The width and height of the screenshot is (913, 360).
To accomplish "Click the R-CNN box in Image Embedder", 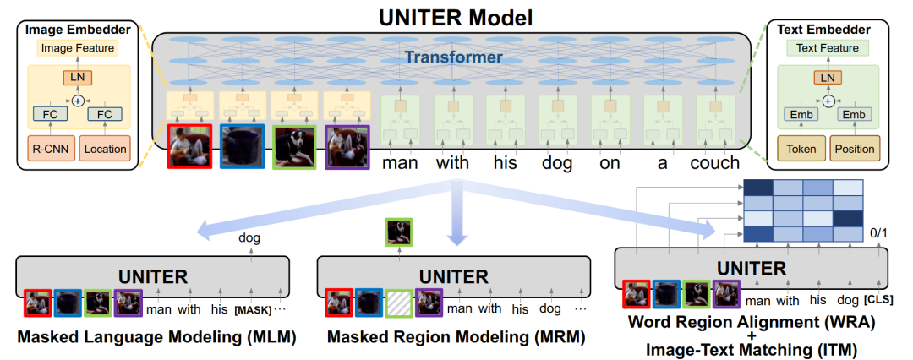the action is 51,149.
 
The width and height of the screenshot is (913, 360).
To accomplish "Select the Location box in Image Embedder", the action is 105,149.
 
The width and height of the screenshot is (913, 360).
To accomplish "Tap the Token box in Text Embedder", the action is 801,149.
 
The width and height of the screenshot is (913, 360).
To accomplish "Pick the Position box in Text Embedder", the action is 855,149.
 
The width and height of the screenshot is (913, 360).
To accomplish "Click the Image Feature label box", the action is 78,48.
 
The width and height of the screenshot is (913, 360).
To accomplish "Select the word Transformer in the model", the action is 454,57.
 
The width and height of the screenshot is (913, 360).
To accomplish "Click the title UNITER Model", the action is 456,18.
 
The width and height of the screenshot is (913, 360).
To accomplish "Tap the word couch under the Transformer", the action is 715,162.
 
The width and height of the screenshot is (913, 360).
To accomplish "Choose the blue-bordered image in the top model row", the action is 243,146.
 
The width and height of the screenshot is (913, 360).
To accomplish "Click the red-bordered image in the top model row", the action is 189,146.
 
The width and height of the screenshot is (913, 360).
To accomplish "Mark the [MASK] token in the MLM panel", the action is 253,310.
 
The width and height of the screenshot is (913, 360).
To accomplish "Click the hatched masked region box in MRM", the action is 399,303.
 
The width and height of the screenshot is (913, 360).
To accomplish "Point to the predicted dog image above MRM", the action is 399,232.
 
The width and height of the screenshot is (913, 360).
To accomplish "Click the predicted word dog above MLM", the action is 249,237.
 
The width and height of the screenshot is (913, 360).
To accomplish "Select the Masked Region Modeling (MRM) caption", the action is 456,336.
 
